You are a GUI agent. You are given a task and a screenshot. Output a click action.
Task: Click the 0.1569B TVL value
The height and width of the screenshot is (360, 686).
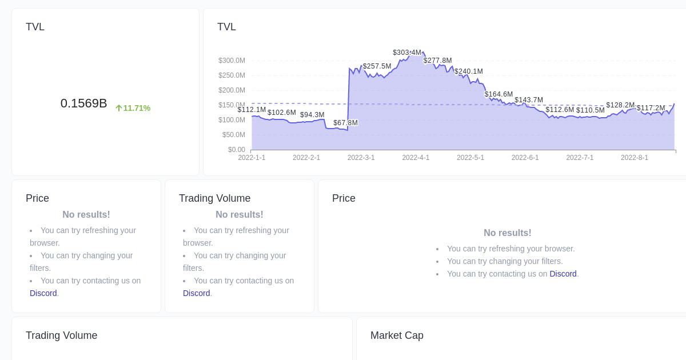83,103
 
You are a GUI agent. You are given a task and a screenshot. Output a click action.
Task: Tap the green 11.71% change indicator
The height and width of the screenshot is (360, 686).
133,108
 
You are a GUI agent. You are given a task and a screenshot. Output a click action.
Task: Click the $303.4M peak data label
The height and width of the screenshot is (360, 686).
407,53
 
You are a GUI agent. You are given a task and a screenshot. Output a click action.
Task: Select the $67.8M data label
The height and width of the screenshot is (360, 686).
345,123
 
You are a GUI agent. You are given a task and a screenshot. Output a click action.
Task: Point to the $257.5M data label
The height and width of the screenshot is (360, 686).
377,66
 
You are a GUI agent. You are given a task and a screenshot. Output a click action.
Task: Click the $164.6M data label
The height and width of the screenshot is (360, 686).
498,94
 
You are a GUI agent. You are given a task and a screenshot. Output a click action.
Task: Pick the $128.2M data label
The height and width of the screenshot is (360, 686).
620,105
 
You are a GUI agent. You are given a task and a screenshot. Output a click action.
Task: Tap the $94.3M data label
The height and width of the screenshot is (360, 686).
312,115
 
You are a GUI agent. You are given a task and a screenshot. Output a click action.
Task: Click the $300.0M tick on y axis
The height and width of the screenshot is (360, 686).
232,61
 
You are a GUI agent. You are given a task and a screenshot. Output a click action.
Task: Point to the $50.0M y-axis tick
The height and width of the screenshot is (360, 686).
233,135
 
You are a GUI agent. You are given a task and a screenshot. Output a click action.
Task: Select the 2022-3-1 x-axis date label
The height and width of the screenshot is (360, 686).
361,158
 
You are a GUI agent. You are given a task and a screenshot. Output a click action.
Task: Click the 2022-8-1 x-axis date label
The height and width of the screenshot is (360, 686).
634,158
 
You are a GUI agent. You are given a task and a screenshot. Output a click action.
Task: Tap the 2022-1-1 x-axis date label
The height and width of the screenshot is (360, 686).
252,158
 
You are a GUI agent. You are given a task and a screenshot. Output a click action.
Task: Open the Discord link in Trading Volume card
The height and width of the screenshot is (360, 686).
196,293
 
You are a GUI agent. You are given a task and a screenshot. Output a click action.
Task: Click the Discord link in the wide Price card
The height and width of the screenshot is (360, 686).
563,274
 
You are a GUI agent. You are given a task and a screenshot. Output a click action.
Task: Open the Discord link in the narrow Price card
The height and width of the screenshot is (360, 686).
43,293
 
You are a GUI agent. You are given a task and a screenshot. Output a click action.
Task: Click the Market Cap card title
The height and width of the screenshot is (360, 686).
397,335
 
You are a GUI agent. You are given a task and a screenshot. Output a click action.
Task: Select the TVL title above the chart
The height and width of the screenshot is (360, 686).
226,27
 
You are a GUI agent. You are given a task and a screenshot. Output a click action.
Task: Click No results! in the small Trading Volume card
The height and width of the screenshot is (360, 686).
239,215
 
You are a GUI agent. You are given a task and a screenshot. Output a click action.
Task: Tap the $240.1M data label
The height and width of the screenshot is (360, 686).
468,71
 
